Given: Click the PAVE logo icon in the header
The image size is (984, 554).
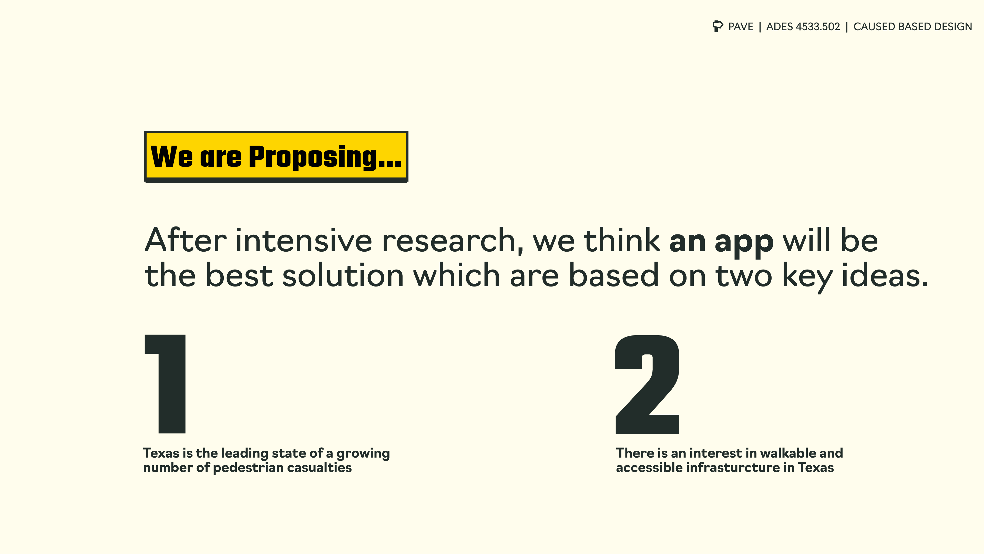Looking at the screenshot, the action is pos(718,26).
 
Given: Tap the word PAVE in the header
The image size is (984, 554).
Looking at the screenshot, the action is pos(741,27).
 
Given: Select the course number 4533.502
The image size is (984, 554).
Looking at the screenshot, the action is pos(818,27).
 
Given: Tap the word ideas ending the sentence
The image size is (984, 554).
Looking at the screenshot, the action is pos(885,275).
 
